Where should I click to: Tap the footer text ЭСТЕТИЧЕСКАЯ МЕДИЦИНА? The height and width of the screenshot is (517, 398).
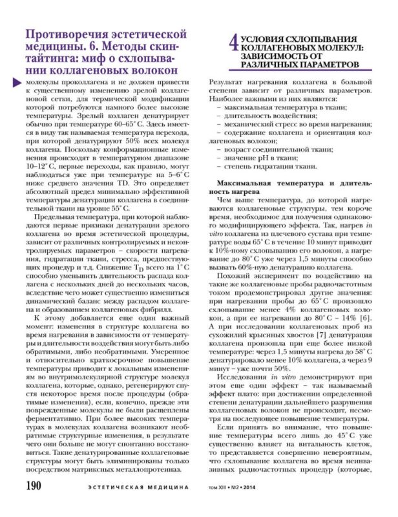136,503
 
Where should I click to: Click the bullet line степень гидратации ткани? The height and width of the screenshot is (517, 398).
266,167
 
